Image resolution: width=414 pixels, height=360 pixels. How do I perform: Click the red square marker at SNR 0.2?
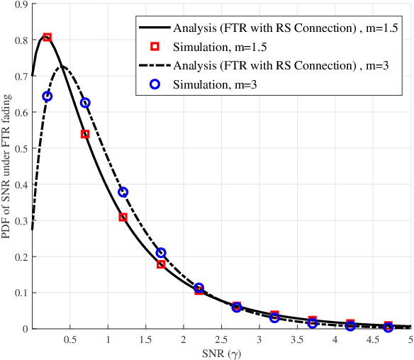[x=47, y=37]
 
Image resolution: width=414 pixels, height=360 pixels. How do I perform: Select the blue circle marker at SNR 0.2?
[x=47, y=96]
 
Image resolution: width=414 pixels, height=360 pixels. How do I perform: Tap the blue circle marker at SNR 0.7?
[x=85, y=103]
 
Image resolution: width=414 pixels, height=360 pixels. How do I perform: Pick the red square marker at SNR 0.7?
[x=85, y=134]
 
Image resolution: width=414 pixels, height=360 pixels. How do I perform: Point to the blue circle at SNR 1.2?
[x=123, y=192]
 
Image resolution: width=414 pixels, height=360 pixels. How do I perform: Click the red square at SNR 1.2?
[x=123, y=218]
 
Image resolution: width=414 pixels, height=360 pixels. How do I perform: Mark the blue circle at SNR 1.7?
[x=161, y=253]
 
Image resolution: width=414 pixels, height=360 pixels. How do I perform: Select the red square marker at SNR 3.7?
[x=312, y=320]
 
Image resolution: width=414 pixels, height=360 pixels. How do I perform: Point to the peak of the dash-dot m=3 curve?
[x=62, y=67]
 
